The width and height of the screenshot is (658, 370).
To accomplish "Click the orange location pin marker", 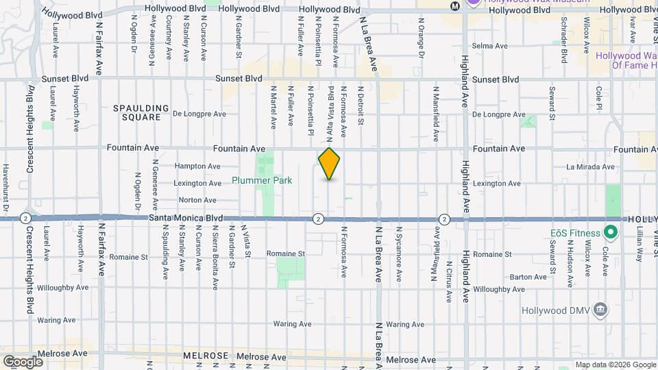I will tap(329, 163).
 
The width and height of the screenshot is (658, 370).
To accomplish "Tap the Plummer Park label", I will tap(261, 181).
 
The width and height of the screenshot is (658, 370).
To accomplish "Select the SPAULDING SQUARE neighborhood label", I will tap(141, 112).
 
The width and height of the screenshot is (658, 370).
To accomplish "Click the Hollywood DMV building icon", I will tap(600, 308).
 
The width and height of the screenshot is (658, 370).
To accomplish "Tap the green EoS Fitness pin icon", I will tap(610, 233).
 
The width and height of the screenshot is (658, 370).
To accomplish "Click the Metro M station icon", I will tap(454, 5).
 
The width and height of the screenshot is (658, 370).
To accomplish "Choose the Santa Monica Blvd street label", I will tap(186, 218).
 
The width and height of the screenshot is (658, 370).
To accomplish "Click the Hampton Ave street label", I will tap(197, 166).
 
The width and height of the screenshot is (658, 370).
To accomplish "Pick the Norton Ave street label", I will tap(197, 200).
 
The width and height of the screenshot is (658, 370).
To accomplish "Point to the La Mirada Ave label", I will tap(590, 166).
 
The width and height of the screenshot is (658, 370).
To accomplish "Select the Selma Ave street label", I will tap(493, 46).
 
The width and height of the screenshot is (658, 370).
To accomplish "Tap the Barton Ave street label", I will tap(528, 277).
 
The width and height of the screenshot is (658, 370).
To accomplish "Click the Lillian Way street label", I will tap(639, 245).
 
